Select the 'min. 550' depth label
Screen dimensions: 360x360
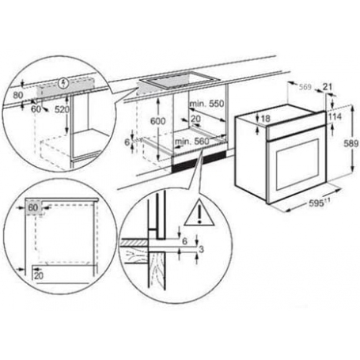207,104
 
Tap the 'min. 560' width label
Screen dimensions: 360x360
190,140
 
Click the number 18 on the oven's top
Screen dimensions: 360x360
266,119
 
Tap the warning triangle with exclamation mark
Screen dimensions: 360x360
194,212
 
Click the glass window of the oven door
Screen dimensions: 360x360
294,161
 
